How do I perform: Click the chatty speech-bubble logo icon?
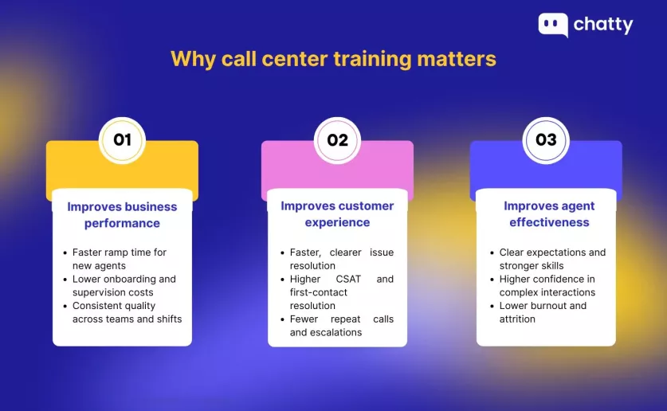point(553,25)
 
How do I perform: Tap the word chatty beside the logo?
point(603,25)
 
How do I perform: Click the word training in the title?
point(373,60)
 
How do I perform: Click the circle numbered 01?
point(122,140)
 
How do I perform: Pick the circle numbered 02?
point(337,140)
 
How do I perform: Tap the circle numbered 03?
point(546,140)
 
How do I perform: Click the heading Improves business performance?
point(122,214)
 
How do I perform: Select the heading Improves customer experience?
point(337,213)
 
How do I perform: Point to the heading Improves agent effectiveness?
point(549,213)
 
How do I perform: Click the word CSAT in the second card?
point(348,280)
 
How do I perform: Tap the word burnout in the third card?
point(547,306)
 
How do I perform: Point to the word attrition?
point(517,319)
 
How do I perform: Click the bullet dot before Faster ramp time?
point(65,252)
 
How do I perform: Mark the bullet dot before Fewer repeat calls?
point(282,319)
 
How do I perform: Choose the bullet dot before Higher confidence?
point(492,280)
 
